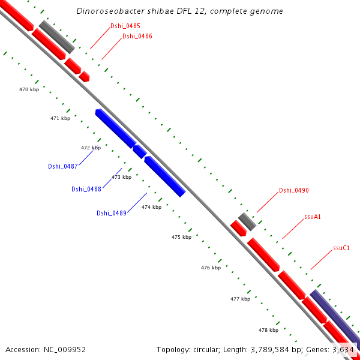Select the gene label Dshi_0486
point(137,37)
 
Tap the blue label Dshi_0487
point(62,166)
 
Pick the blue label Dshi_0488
point(86,190)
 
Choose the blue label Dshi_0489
point(111,213)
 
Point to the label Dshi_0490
point(293,191)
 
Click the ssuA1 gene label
point(312,217)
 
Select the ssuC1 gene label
point(341,248)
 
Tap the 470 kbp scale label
point(29,89)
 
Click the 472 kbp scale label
point(91,148)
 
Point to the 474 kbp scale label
point(151,207)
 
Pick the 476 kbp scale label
point(211,268)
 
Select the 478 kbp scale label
point(268,330)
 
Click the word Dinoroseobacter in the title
point(106,11)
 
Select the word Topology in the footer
point(173,349)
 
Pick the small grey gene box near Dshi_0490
point(247,221)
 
